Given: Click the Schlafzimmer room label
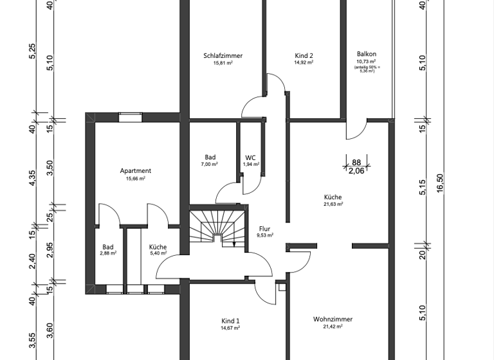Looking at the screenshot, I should click(x=223, y=56).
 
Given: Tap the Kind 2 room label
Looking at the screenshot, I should click(x=304, y=56).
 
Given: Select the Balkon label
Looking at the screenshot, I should click(x=367, y=55).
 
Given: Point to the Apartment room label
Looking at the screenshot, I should click(x=136, y=171).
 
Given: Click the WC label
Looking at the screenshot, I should click(x=251, y=157).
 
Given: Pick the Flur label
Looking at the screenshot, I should click(x=265, y=228).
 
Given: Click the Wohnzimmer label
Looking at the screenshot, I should click(x=333, y=319).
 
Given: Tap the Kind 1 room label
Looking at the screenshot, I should click(x=230, y=321).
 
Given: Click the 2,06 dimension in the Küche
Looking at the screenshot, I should click(x=356, y=171).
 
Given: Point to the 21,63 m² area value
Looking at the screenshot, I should click(x=333, y=204).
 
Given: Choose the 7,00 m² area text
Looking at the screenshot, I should click(x=210, y=165).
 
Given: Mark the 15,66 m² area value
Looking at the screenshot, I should click(x=136, y=178).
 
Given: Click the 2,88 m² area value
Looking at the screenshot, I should click(x=108, y=254).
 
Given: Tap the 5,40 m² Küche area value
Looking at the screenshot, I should click(x=158, y=254).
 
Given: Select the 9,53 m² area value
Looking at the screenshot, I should click(x=265, y=235).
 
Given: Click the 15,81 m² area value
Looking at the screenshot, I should click(x=223, y=63).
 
